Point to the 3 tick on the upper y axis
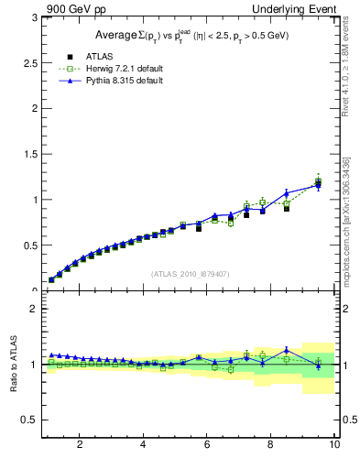tap(33, 17)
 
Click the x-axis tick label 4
tap(143, 444)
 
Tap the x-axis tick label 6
tap(207, 444)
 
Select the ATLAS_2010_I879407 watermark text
tap(189, 273)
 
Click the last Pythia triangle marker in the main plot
tap(318, 186)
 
